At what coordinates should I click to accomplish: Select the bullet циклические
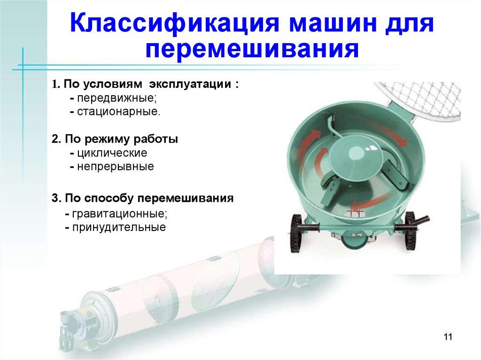pos(112,153)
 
